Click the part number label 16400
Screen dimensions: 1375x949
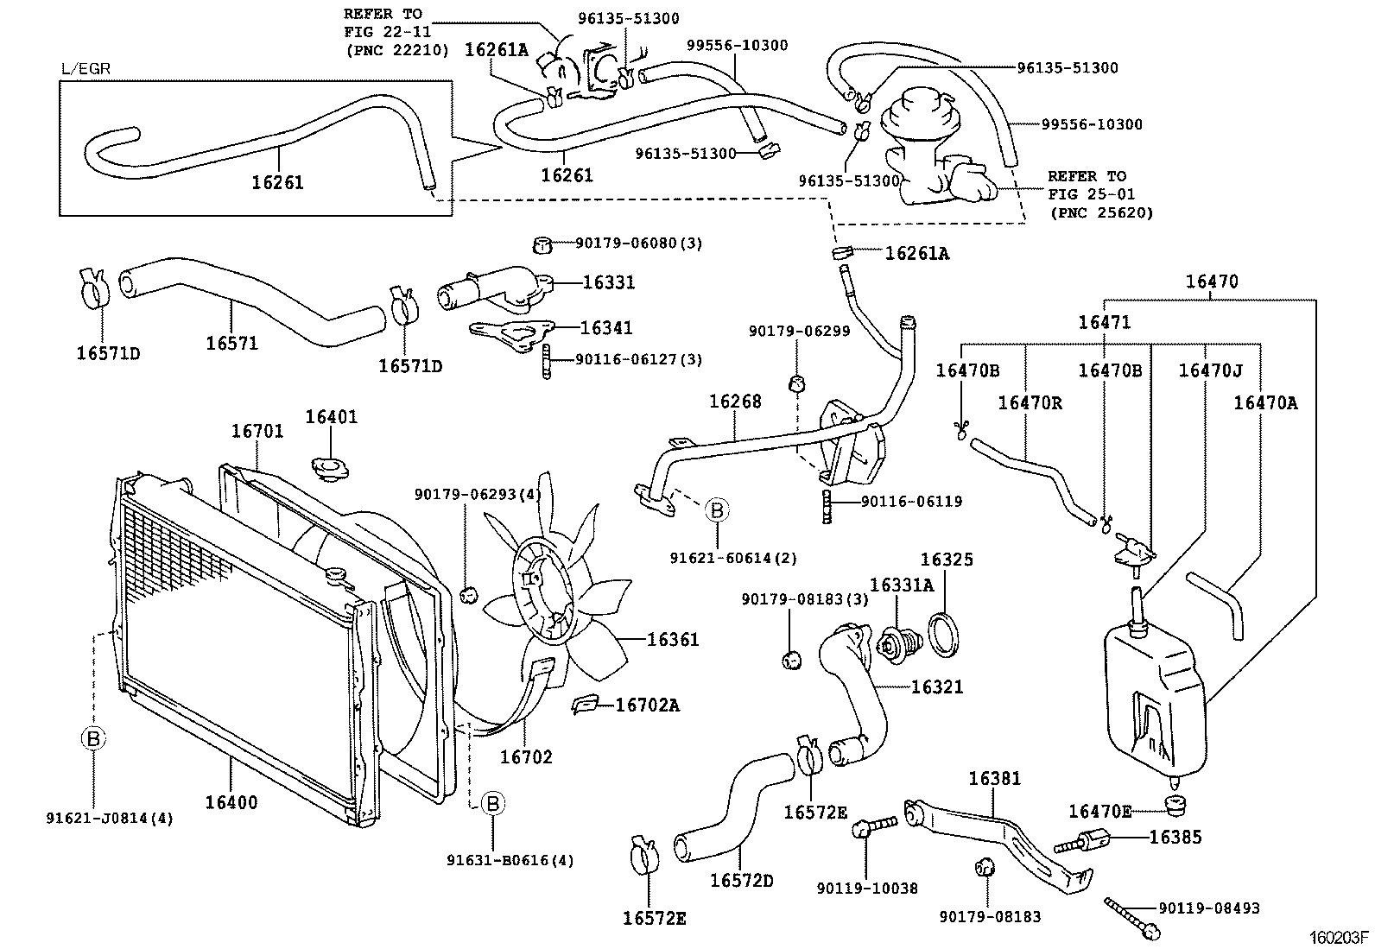click(x=231, y=802)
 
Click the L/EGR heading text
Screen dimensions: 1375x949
click(x=86, y=69)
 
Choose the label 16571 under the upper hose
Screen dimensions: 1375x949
click(x=232, y=343)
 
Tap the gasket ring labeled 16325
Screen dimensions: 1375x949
click(x=945, y=635)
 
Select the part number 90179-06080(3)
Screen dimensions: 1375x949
click(x=638, y=244)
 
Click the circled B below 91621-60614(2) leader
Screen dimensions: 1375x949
click(x=716, y=510)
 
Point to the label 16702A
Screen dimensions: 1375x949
click(x=648, y=705)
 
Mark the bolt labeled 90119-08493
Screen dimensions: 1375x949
click(x=1132, y=918)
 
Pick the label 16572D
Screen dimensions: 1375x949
click(x=742, y=881)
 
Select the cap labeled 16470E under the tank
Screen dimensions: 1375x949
click(x=1175, y=806)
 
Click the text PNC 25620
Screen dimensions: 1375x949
click(x=1102, y=213)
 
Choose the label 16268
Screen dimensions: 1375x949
click(x=735, y=402)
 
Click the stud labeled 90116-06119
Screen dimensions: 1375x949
click(x=827, y=507)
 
